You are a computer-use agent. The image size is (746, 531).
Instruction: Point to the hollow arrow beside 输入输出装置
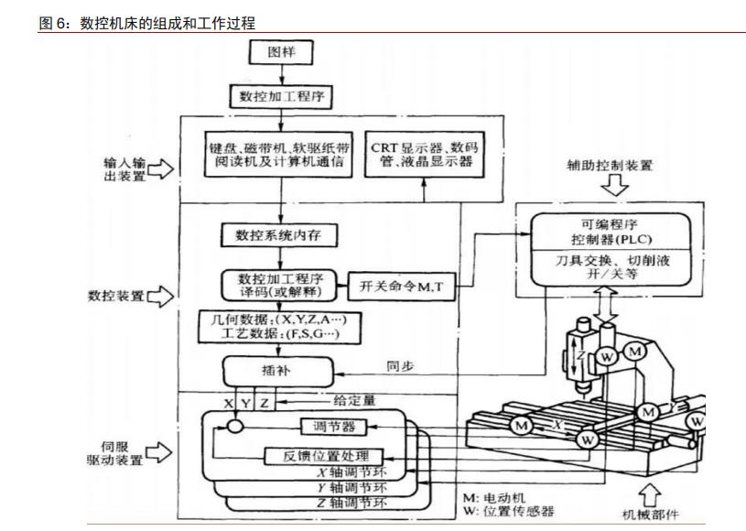coord(160,168)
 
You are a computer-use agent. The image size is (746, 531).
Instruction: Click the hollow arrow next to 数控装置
coord(160,295)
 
